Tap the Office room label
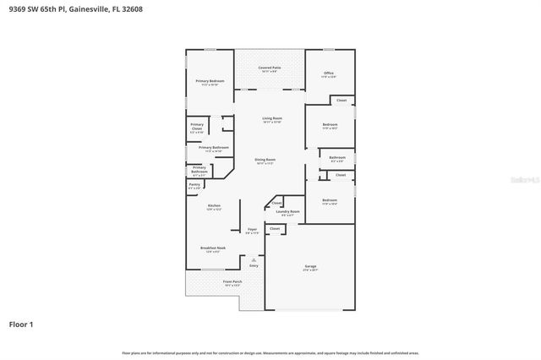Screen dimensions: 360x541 [329, 74]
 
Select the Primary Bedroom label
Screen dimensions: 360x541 [210, 82]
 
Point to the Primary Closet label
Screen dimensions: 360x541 [196, 128]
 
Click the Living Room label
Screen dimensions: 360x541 [271, 119]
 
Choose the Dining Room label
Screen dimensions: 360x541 [265, 160]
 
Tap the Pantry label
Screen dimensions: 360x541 [194, 184]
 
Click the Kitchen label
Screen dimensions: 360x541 [214, 206]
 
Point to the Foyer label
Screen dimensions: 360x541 [252, 230]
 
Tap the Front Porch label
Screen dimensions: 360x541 [232, 282]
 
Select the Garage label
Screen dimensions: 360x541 [310, 267]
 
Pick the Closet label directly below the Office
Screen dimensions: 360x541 [342, 101]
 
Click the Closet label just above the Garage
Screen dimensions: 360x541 [275, 228]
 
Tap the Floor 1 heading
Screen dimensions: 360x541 [21, 324]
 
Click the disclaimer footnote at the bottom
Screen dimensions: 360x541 [270, 352]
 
